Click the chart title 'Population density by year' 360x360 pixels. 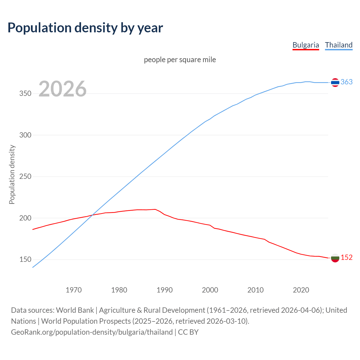pyautogui.click(x=85, y=28)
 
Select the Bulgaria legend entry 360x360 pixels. pyautogui.click(x=306, y=45)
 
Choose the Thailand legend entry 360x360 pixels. pyautogui.click(x=339, y=45)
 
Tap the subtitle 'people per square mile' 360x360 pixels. pyautogui.click(x=180, y=60)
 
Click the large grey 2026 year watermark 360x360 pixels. pyautogui.click(x=62, y=89)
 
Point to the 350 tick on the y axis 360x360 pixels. pyautogui.click(x=25, y=93)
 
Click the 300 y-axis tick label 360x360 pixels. pyautogui.click(x=25, y=135)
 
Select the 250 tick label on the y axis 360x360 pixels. pyautogui.click(x=25, y=177)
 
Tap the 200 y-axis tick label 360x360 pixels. pyautogui.click(x=25, y=218)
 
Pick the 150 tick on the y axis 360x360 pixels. pyautogui.click(x=25, y=260)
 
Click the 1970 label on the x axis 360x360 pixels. pyautogui.click(x=74, y=290)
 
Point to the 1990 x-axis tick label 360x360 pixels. pyautogui.click(x=165, y=290)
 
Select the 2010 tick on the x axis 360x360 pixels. pyautogui.click(x=255, y=290)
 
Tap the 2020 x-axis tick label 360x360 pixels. pyautogui.click(x=301, y=290)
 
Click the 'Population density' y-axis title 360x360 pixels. pyautogui.click(x=12, y=174)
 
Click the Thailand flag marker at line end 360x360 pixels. pyautogui.click(x=335, y=82)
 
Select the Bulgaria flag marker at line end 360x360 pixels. pyautogui.click(x=335, y=258)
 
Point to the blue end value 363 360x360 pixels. pyautogui.click(x=346, y=82)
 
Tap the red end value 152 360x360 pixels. pyautogui.click(x=346, y=257)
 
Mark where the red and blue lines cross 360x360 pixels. pyautogui.click(x=92, y=215)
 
